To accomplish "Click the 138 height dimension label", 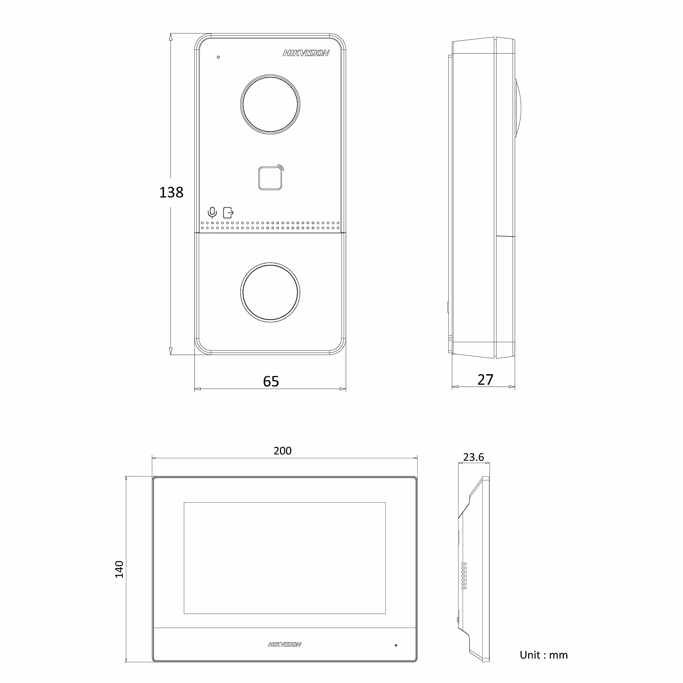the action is (171, 193).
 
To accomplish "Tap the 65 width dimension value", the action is (271, 382).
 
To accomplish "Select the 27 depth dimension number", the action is (485, 380).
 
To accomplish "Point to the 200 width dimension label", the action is (282, 451).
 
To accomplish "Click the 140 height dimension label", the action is (119, 569).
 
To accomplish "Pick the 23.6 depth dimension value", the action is (473, 457).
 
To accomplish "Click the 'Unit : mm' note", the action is (544, 655).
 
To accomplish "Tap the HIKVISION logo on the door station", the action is (306, 53).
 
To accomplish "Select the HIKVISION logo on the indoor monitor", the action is (285, 644).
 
